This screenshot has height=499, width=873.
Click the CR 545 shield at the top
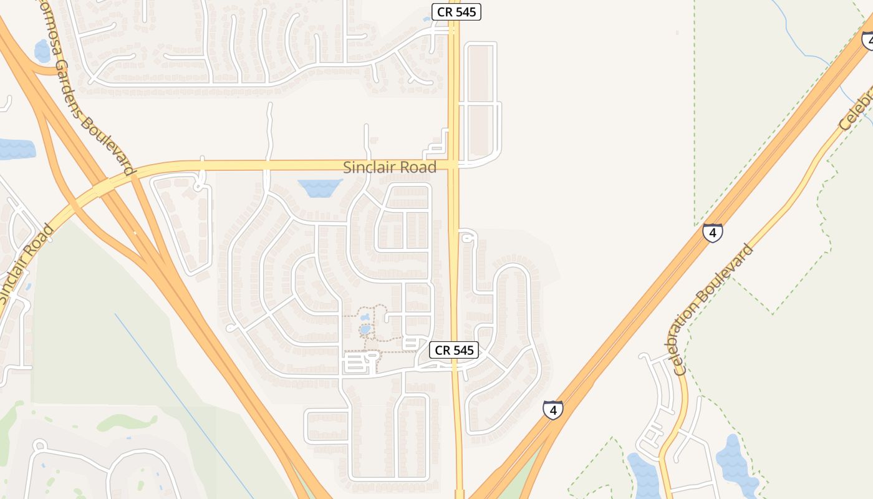coord(456,12)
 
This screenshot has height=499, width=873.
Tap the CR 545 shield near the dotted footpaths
coord(454,350)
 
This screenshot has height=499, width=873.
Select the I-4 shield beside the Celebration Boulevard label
coord(712,233)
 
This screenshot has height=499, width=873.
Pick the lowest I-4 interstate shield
coord(552,410)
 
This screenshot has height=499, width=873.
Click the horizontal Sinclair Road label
coord(390,167)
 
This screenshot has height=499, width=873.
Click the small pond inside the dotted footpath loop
coord(365,329)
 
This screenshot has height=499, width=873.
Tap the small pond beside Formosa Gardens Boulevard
coord(42,51)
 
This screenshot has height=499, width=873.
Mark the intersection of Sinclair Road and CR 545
coord(454,165)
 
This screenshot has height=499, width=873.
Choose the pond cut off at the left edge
coord(15,149)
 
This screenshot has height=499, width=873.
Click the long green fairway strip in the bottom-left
coord(127,423)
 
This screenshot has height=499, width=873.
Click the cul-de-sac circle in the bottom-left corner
coord(40,445)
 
